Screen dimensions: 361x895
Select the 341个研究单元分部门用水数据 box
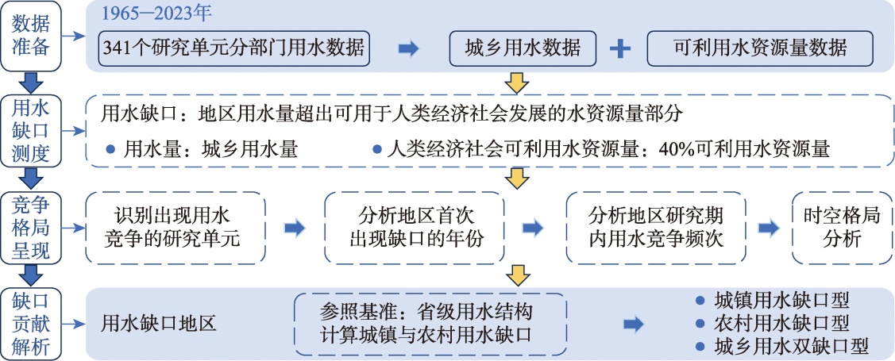coord(234,49)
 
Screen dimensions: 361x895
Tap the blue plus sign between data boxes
coord(619,49)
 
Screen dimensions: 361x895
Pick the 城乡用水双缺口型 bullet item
coord(782,347)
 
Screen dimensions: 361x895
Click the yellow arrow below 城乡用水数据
coord(517,82)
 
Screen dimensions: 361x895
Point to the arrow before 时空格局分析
coord(769,228)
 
